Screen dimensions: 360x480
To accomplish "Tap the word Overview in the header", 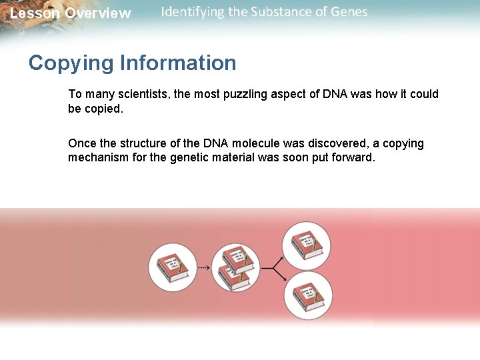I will tap(98, 13).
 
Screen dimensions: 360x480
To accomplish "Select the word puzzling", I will tap(246, 94).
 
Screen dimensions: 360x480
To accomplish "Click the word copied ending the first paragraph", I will tap(95, 109).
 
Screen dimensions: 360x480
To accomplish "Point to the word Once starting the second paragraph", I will tap(81, 143).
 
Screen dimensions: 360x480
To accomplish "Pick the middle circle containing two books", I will tap(235, 267).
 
